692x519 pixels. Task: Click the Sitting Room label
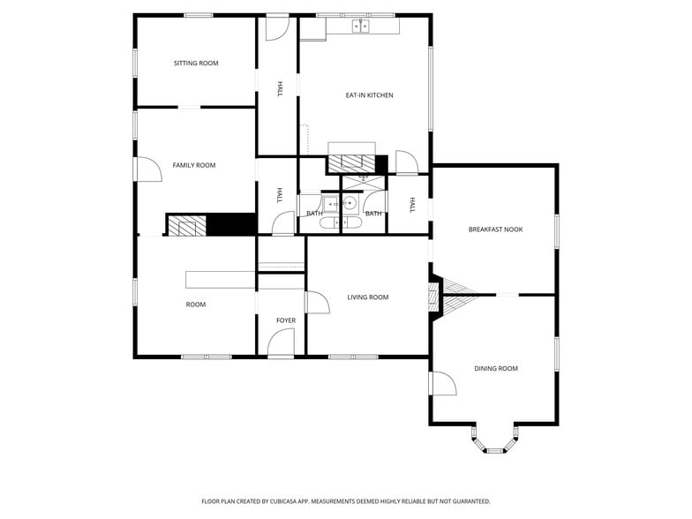pyautogui.click(x=196, y=64)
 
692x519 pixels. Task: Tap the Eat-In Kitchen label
pyautogui.click(x=369, y=95)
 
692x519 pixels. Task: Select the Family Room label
pyautogui.click(x=194, y=165)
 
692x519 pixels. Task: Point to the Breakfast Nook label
pyautogui.click(x=495, y=229)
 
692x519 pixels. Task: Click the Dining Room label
pyautogui.click(x=496, y=369)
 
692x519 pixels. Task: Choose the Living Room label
pyautogui.click(x=368, y=297)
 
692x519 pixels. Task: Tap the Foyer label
pyautogui.click(x=286, y=321)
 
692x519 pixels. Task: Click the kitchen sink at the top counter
pyautogui.click(x=361, y=26)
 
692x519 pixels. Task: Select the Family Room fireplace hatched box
pyautogui.click(x=186, y=226)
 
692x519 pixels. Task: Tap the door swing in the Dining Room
pyautogui.click(x=443, y=384)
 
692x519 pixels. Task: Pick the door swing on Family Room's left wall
pyautogui.click(x=147, y=169)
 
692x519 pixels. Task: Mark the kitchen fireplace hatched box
pyautogui.click(x=351, y=162)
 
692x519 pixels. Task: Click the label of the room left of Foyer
pyautogui.click(x=196, y=305)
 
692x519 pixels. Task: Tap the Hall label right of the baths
pyautogui.click(x=412, y=205)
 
